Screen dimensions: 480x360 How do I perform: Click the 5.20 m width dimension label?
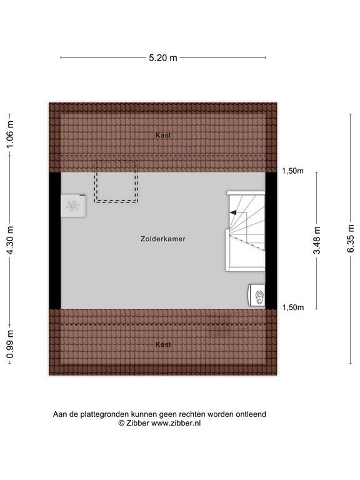163,58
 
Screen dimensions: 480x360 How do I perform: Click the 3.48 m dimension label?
317,241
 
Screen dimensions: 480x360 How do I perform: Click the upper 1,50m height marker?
292,171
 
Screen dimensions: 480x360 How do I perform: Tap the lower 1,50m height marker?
292,307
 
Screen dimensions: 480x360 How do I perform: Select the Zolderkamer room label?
163,239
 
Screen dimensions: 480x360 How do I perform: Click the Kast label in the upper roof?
164,135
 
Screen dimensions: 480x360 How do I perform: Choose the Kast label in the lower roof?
164,344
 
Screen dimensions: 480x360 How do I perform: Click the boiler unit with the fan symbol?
74,206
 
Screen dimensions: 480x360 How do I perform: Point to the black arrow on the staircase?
233,213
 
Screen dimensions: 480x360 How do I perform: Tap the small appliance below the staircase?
257,295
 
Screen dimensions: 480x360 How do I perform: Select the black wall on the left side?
55,240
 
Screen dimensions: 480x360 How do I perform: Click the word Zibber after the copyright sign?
139,423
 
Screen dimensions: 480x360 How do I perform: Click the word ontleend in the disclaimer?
250,414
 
